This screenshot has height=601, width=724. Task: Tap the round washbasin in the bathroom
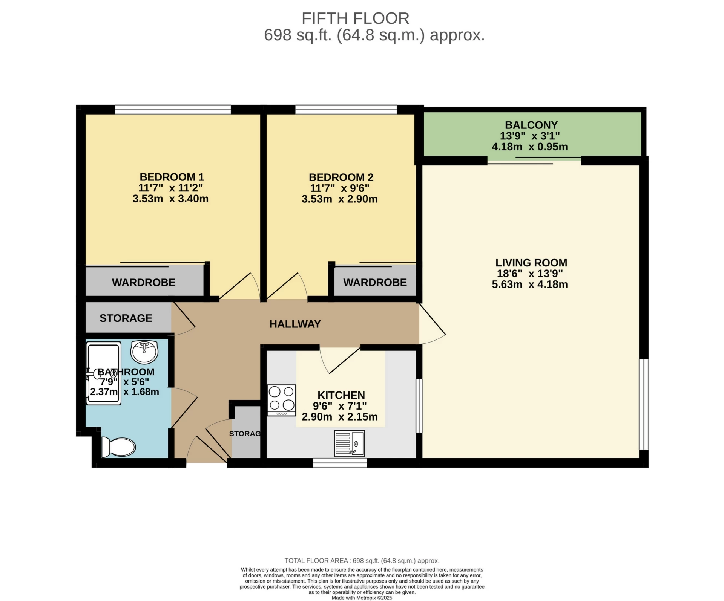click(x=144, y=351)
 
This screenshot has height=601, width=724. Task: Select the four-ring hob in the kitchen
click(x=281, y=399)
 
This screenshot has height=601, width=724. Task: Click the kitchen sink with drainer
click(x=350, y=443)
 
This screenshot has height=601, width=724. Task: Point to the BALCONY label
click(x=531, y=125)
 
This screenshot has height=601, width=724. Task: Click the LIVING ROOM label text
click(x=531, y=263)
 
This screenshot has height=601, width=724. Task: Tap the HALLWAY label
click(x=295, y=324)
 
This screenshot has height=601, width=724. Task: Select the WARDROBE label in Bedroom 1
click(x=144, y=283)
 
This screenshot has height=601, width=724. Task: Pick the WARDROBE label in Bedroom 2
click(x=375, y=283)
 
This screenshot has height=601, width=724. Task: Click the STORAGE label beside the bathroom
click(x=126, y=318)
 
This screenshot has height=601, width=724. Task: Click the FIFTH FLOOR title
click(x=355, y=18)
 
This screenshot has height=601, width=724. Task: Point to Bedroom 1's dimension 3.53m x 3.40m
click(x=170, y=199)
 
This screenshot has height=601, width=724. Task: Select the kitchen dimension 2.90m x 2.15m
click(x=340, y=417)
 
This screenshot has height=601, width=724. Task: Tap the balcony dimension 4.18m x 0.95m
click(x=530, y=147)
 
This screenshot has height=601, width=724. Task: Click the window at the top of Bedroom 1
click(x=173, y=110)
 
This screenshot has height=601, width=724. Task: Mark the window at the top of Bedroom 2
click(x=346, y=110)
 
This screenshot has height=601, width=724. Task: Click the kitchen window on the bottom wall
click(x=340, y=463)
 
